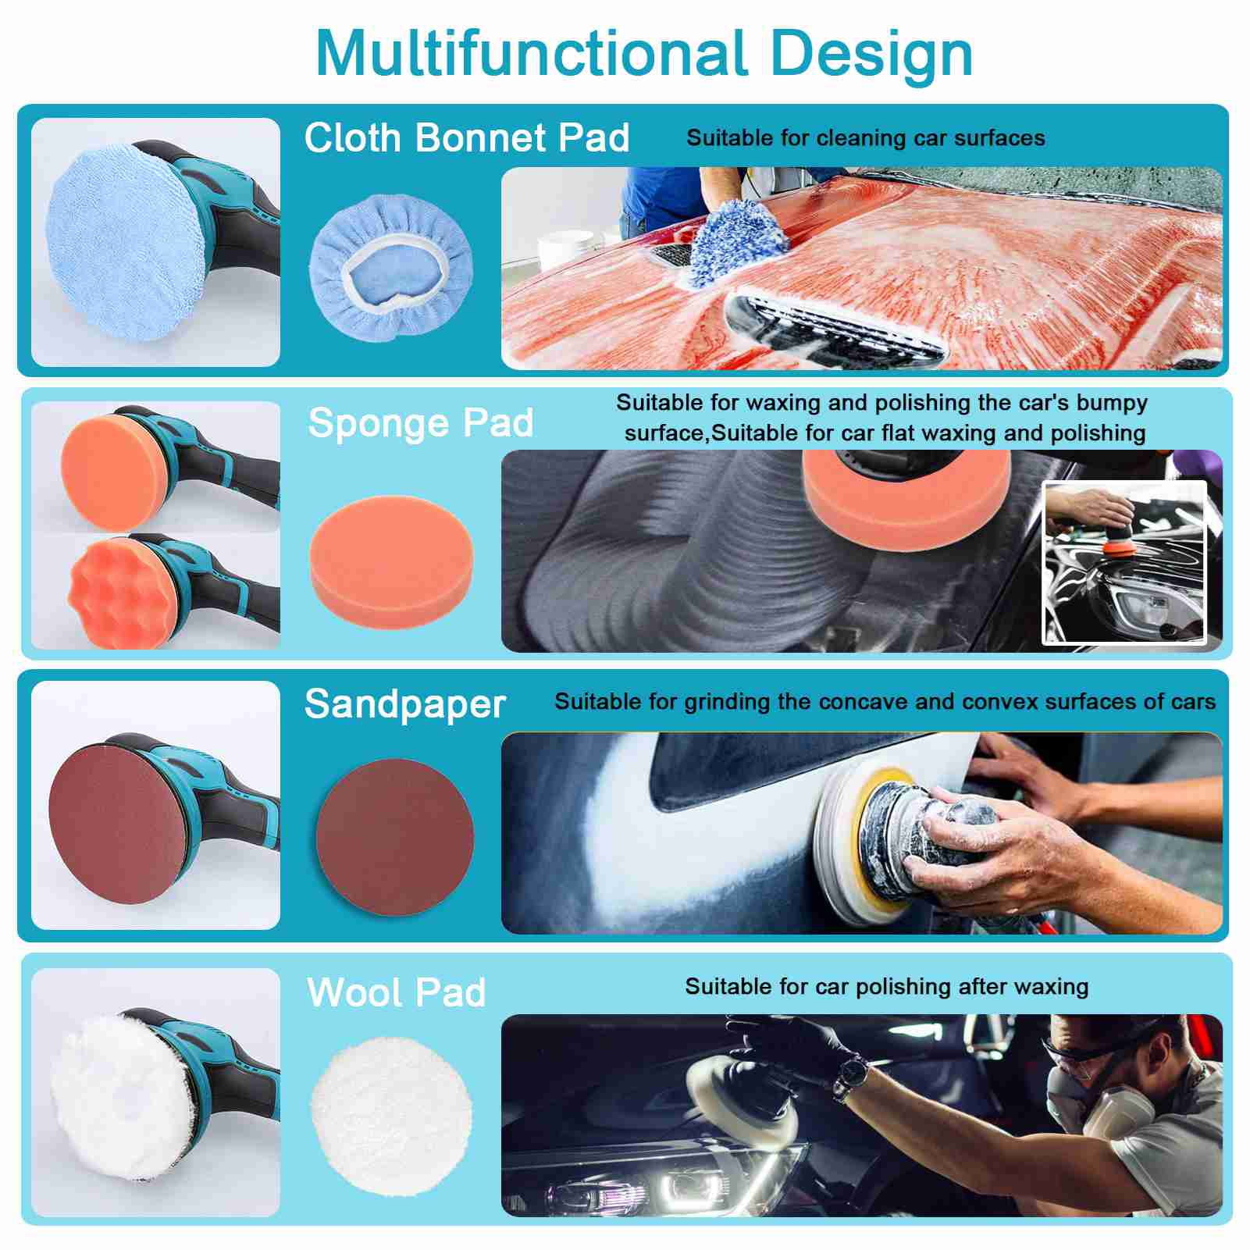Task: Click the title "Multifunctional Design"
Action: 644,53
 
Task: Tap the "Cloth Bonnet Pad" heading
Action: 467,138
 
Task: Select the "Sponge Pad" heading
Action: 421,423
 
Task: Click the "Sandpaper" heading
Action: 405,703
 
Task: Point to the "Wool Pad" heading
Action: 397,992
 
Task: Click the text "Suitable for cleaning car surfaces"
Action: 865,138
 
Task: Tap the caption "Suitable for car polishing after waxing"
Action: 886,986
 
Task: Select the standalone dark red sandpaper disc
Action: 394,833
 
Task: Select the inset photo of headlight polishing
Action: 1124,563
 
